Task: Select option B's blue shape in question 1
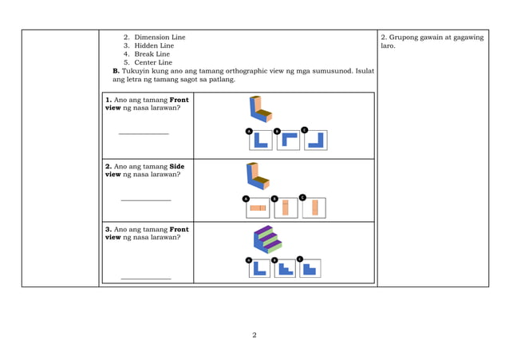point(288,140)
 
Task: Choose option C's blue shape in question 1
point(316,141)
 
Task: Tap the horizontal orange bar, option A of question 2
point(257,208)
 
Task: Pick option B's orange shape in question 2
point(285,207)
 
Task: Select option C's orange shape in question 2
point(314,207)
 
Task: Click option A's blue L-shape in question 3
point(258,268)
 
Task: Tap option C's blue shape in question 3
point(310,270)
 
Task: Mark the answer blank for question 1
point(144,133)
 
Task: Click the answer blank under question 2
point(146,199)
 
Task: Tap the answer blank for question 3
point(146,277)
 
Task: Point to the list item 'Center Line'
point(153,62)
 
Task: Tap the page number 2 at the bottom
point(254,334)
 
